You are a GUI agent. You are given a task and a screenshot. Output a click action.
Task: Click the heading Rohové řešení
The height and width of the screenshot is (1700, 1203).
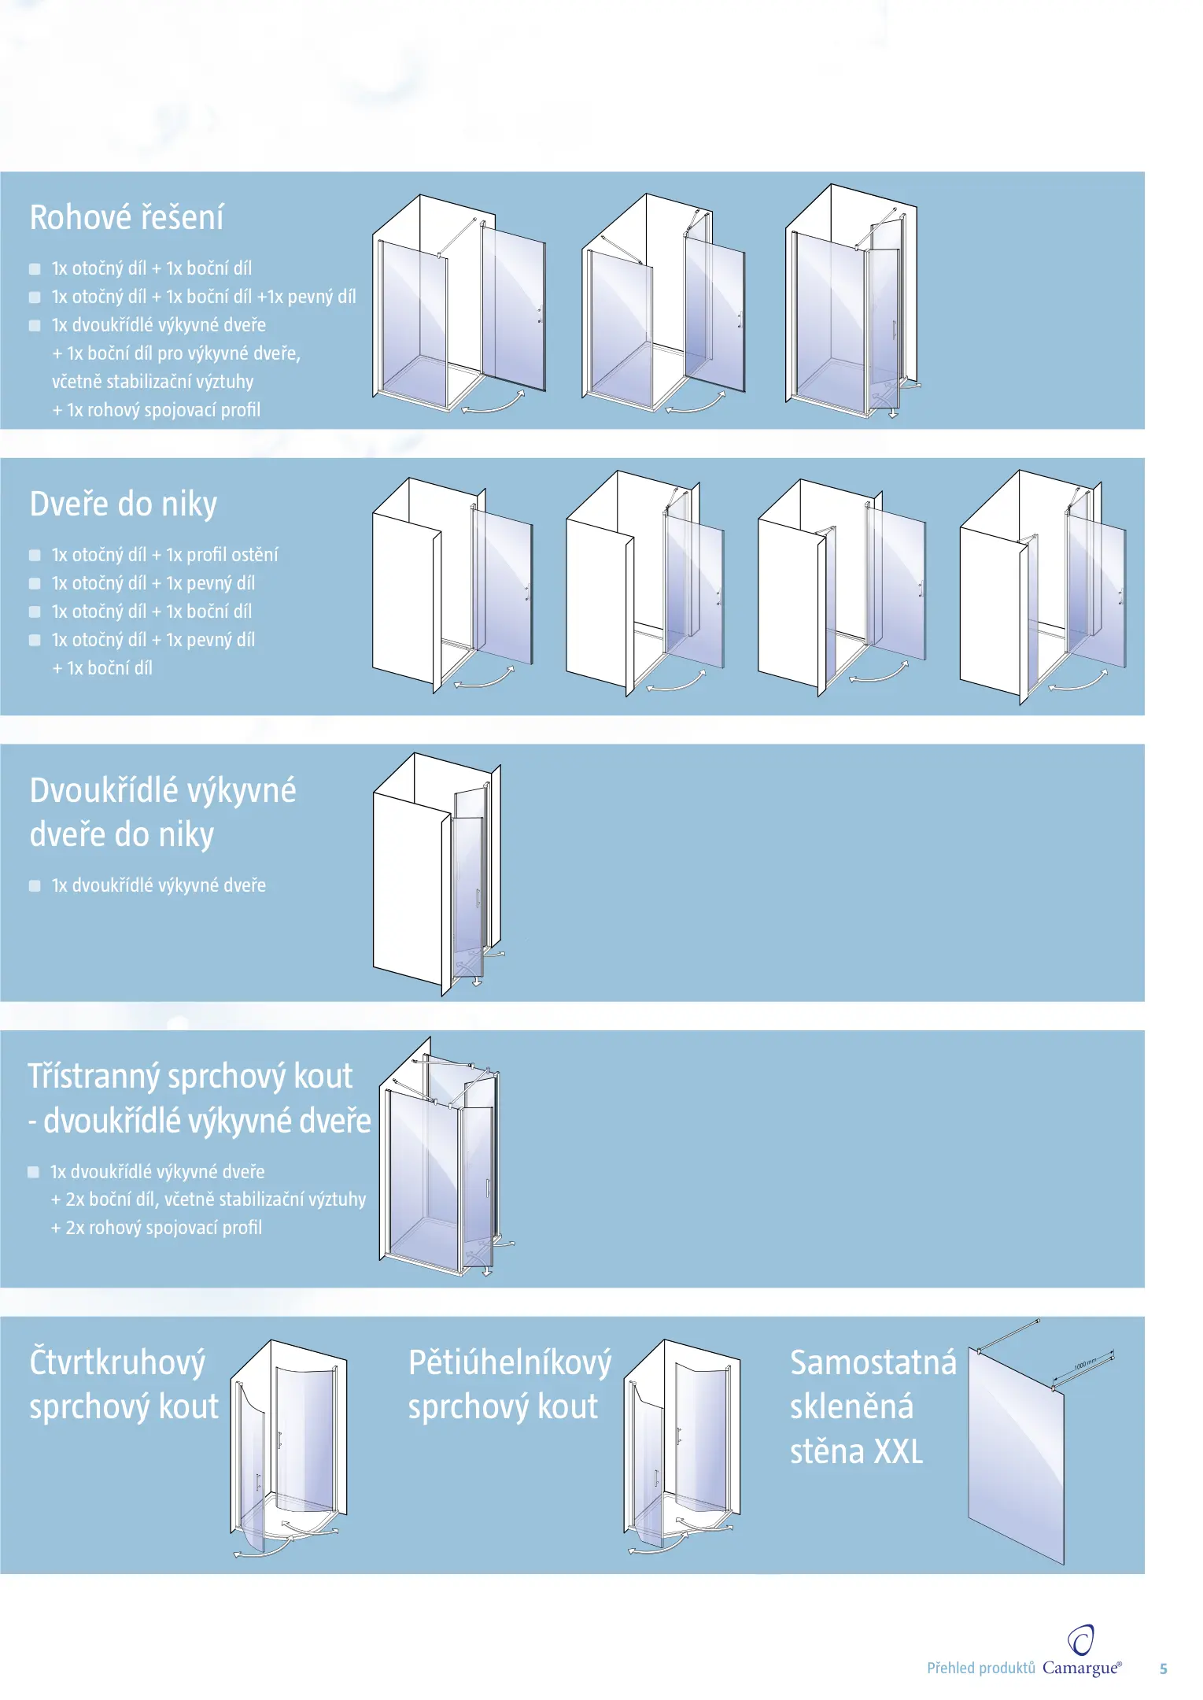point(127,217)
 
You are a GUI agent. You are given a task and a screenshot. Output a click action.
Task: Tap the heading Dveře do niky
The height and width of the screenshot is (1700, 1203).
point(124,504)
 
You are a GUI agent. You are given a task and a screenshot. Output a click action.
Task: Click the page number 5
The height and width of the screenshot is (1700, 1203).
point(1163,1669)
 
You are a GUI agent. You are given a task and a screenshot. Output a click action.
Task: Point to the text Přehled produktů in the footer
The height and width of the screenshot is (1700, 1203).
point(980,1668)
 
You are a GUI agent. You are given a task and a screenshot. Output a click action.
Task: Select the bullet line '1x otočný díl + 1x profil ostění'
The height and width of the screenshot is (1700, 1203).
point(164,555)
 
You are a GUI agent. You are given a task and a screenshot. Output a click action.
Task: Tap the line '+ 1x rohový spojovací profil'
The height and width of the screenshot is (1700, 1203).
point(156,410)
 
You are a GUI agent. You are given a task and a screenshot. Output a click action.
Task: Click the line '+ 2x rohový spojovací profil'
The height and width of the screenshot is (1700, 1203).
point(156,1228)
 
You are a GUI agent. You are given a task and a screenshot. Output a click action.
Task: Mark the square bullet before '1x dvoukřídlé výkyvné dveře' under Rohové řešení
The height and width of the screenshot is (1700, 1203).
point(35,325)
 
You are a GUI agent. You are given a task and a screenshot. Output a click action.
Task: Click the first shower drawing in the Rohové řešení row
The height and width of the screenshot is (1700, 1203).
point(459,303)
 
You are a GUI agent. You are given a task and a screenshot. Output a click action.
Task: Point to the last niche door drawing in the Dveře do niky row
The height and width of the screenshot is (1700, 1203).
point(1042,586)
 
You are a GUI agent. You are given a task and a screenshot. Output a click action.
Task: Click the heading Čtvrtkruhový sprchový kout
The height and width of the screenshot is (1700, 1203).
point(124,1384)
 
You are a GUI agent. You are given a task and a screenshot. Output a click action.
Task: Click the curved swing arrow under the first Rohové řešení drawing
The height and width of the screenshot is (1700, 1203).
point(493,402)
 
